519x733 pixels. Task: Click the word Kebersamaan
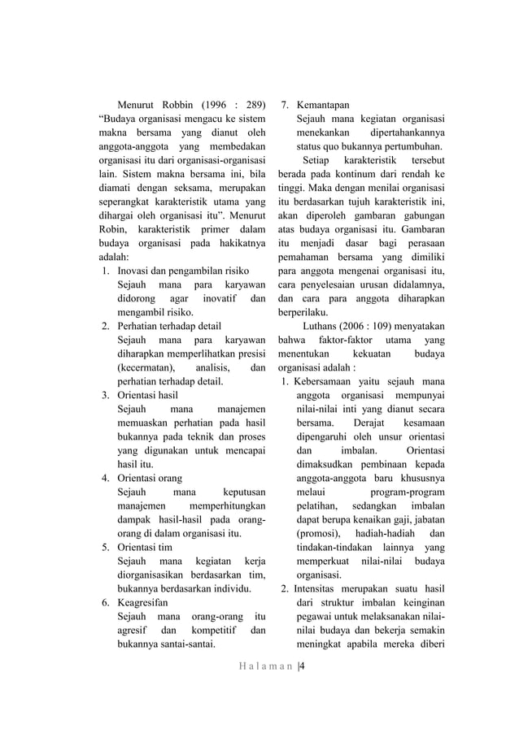pyautogui.click(x=329, y=381)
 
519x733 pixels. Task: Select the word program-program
pyautogui.click(x=407, y=492)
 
